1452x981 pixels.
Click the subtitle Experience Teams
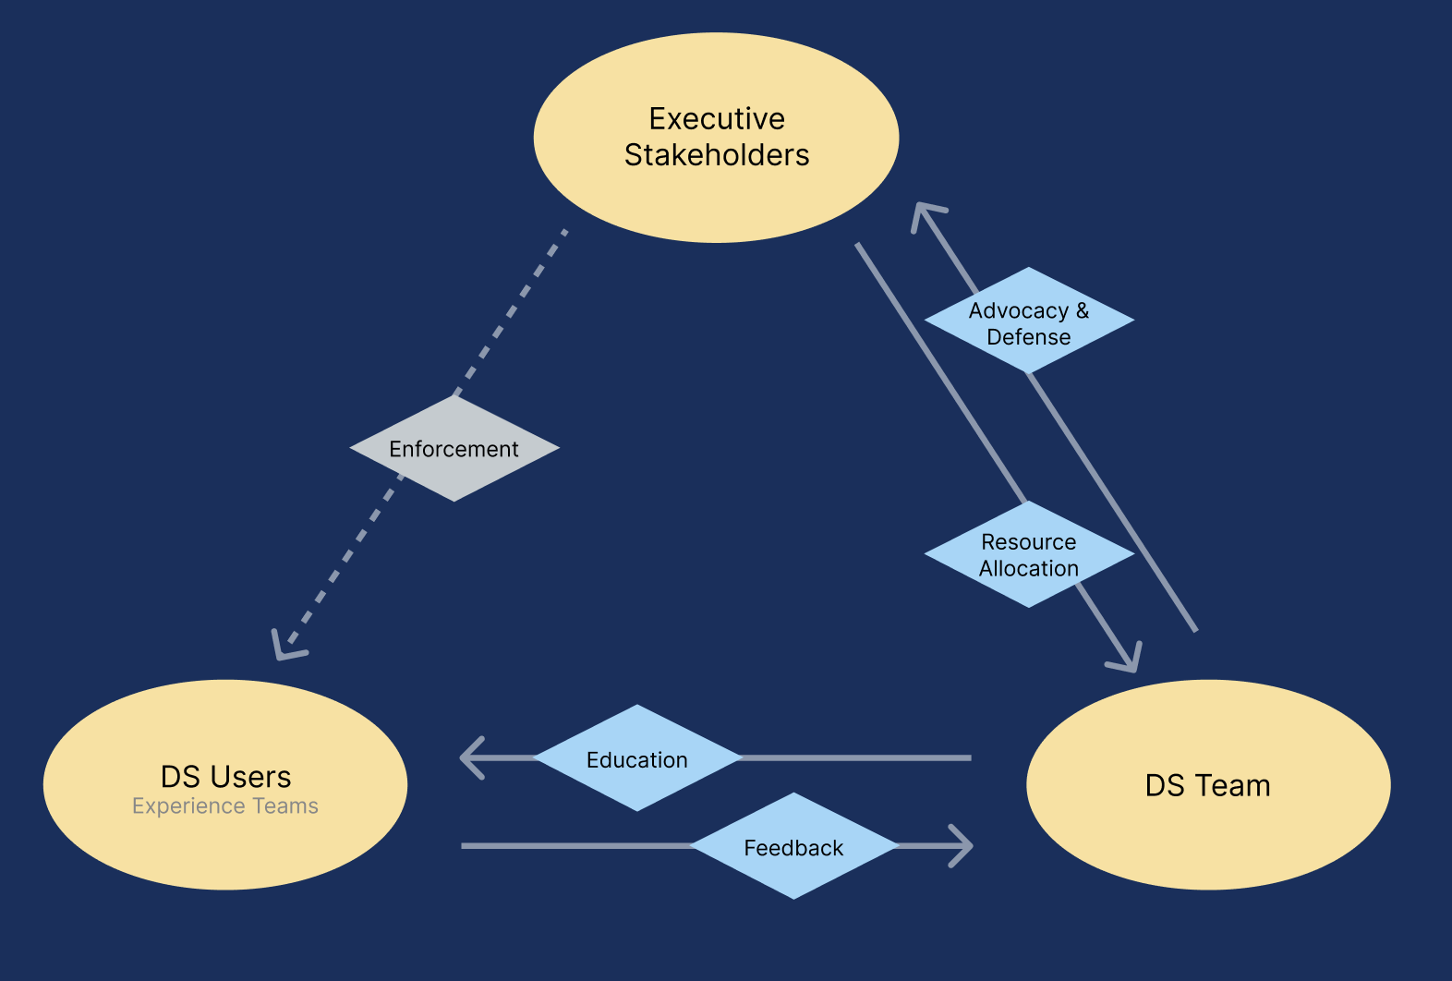(225, 806)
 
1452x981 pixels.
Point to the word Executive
(717, 119)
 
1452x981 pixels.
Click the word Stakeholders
(717, 155)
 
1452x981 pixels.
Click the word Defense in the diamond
(1028, 337)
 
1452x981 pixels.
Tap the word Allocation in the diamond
(1029, 569)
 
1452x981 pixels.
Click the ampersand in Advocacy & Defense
(1083, 311)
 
